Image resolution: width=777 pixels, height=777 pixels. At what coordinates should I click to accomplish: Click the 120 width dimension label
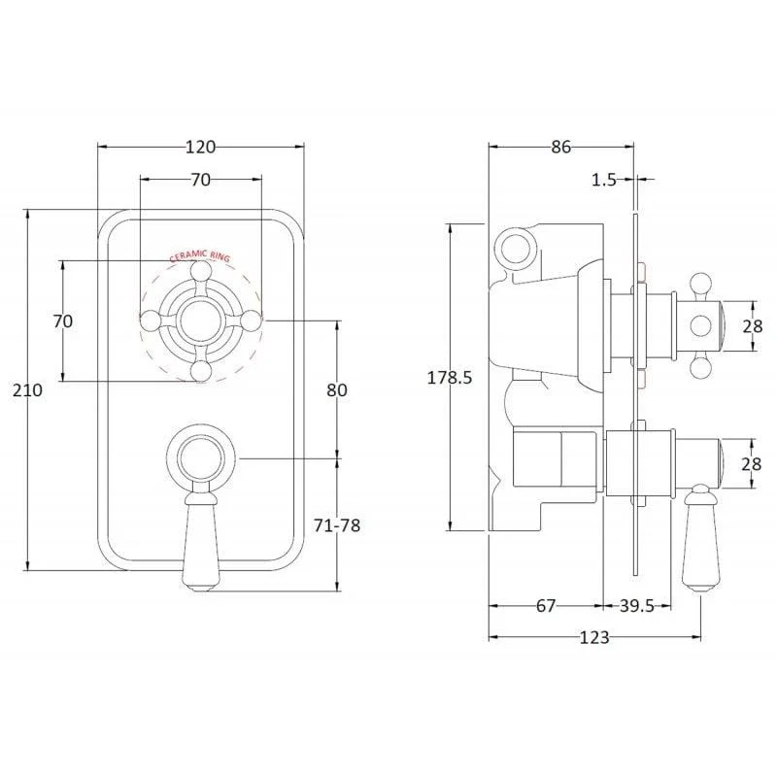pyautogui.click(x=201, y=148)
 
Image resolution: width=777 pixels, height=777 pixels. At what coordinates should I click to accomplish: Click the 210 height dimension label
pyautogui.click(x=27, y=390)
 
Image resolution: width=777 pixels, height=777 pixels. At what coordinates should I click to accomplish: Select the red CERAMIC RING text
pyautogui.click(x=200, y=256)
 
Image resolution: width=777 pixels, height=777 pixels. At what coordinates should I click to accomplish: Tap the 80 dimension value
pyautogui.click(x=337, y=390)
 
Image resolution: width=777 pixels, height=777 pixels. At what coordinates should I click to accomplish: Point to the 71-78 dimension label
pyautogui.click(x=337, y=525)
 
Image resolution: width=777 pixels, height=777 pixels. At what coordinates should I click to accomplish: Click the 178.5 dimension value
pyautogui.click(x=450, y=378)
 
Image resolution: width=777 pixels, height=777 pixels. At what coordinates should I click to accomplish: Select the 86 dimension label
pyautogui.click(x=561, y=148)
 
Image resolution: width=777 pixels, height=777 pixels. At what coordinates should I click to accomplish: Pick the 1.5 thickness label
pyautogui.click(x=604, y=180)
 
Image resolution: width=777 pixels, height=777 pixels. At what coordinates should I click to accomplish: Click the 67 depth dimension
pyautogui.click(x=546, y=605)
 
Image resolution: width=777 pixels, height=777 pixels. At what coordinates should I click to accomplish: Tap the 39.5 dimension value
pyautogui.click(x=637, y=605)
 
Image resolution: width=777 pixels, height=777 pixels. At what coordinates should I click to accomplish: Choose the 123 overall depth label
pyautogui.click(x=594, y=638)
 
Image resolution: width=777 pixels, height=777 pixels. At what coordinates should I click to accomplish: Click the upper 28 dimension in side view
pyautogui.click(x=752, y=326)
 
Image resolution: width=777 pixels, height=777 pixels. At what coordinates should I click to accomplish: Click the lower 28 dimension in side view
pyautogui.click(x=751, y=464)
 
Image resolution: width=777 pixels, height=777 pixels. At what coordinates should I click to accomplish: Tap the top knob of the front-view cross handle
pyautogui.click(x=201, y=271)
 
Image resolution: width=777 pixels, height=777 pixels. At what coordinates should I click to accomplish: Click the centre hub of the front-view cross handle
pyautogui.click(x=201, y=321)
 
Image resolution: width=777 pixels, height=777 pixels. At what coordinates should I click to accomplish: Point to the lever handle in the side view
pyautogui.click(x=699, y=539)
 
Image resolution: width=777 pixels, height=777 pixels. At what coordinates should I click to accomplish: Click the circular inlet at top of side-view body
pyautogui.click(x=517, y=247)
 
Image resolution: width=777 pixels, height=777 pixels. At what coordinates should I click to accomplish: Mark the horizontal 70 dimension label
pyautogui.click(x=201, y=180)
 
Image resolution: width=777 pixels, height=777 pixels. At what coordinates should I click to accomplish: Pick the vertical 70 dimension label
pyautogui.click(x=63, y=321)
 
